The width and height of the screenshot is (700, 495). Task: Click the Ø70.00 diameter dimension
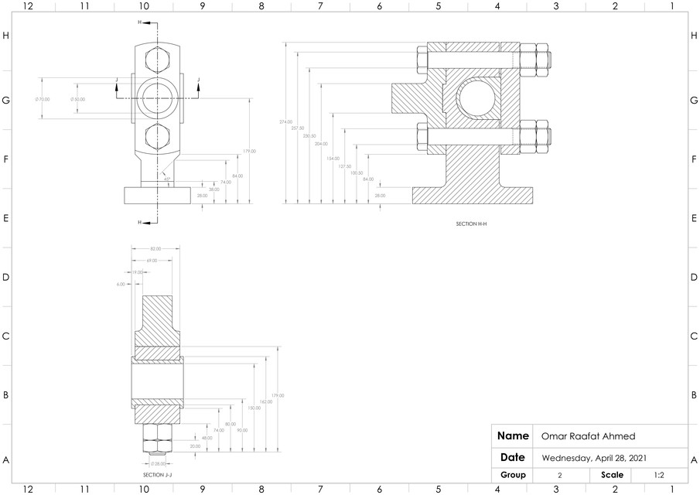click(x=43, y=99)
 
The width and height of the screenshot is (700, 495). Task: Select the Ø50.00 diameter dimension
click(x=77, y=99)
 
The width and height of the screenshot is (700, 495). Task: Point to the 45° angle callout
click(x=166, y=179)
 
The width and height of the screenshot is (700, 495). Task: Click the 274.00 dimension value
click(x=286, y=122)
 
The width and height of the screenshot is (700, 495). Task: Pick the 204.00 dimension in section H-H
click(x=321, y=144)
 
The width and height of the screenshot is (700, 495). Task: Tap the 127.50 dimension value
click(x=345, y=166)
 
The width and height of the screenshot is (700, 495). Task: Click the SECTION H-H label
click(x=471, y=224)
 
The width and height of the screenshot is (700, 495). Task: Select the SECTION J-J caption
click(x=157, y=475)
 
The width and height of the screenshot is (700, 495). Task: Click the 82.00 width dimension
click(x=155, y=248)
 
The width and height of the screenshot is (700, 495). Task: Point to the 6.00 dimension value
click(x=121, y=284)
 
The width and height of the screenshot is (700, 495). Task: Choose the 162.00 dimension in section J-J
click(x=265, y=401)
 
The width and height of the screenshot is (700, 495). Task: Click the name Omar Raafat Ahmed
click(x=587, y=436)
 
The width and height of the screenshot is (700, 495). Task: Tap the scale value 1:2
click(x=661, y=475)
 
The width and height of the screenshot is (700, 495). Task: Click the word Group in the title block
click(x=513, y=475)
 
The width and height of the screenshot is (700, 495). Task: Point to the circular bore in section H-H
click(x=479, y=98)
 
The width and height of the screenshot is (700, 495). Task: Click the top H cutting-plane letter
click(x=140, y=23)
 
